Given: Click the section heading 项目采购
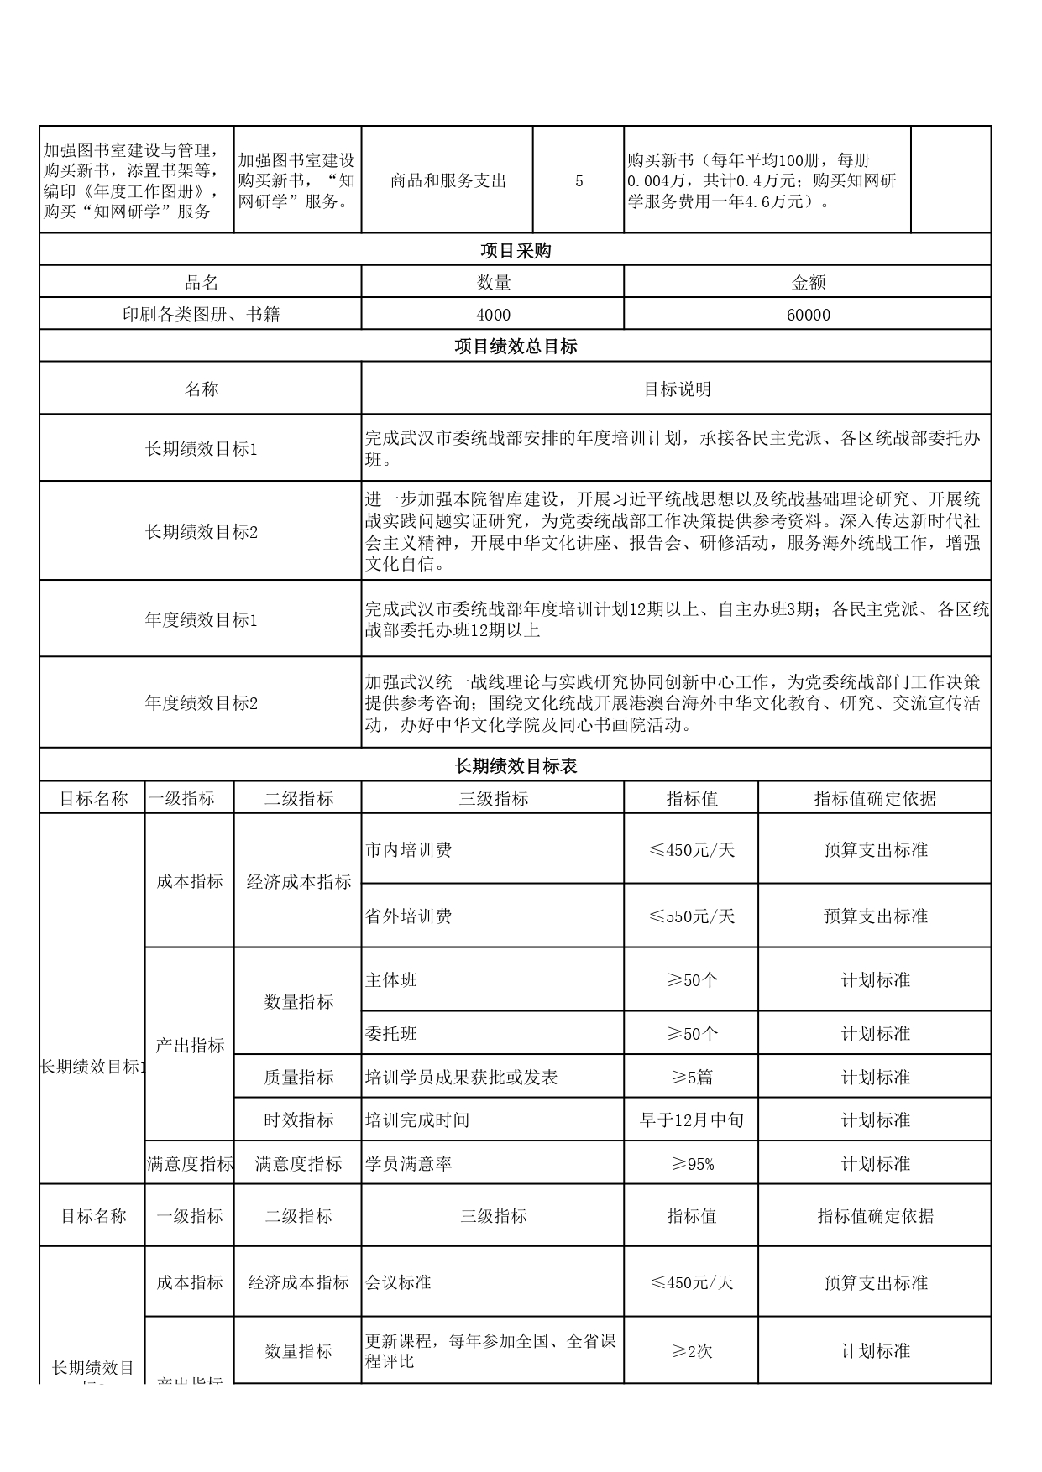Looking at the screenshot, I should [x=515, y=251].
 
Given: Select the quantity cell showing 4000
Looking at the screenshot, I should [x=493, y=315].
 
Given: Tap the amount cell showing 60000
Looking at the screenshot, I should [x=808, y=315].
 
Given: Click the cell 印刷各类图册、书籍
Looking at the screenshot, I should [x=201, y=315].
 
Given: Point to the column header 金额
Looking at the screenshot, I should [x=808, y=283].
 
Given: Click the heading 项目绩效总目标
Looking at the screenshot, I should [x=515, y=347].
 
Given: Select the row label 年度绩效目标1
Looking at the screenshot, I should [x=201, y=620].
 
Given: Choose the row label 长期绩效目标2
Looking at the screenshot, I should [x=201, y=532].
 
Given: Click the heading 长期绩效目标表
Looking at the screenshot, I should [x=515, y=766].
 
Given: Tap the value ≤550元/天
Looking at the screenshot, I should [x=691, y=916].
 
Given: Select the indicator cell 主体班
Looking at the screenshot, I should [x=391, y=980].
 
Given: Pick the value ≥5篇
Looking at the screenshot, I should [x=691, y=1078].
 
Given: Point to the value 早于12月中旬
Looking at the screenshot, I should [x=691, y=1120].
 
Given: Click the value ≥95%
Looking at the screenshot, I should [x=691, y=1164].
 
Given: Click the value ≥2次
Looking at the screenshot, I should [x=691, y=1351].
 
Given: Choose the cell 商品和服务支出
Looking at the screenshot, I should [x=448, y=180].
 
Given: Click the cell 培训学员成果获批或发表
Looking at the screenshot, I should [x=461, y=1078].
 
